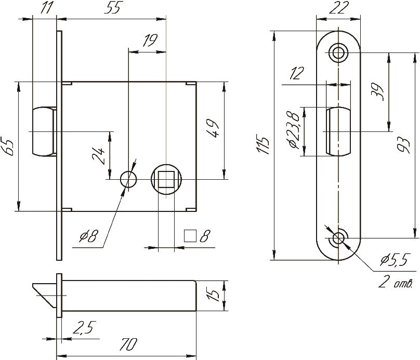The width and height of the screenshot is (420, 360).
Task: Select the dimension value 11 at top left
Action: click(46, 8)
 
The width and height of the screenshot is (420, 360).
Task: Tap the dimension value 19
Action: click(150, 41)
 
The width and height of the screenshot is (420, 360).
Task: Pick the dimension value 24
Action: click(99, 156)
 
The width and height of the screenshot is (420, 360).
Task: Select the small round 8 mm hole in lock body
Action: click(128, 179)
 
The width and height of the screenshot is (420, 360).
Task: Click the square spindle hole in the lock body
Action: click(166, 179)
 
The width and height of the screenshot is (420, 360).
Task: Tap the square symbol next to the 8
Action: click(190, 236)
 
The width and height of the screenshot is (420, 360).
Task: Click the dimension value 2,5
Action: click(84, 327)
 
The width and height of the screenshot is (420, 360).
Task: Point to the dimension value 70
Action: click(128, 344)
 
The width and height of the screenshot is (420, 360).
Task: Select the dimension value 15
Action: click(214, 294)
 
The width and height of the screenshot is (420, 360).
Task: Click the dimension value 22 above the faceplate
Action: click(338, 7)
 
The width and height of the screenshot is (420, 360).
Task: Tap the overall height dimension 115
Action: click(263, 145)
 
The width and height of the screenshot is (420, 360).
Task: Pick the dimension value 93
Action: click(404, 145)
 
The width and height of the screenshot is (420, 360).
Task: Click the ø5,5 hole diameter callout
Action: click(395, 259)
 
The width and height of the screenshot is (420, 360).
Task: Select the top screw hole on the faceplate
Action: click(338, 52)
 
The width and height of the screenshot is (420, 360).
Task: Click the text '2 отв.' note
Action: click(395, 282)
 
